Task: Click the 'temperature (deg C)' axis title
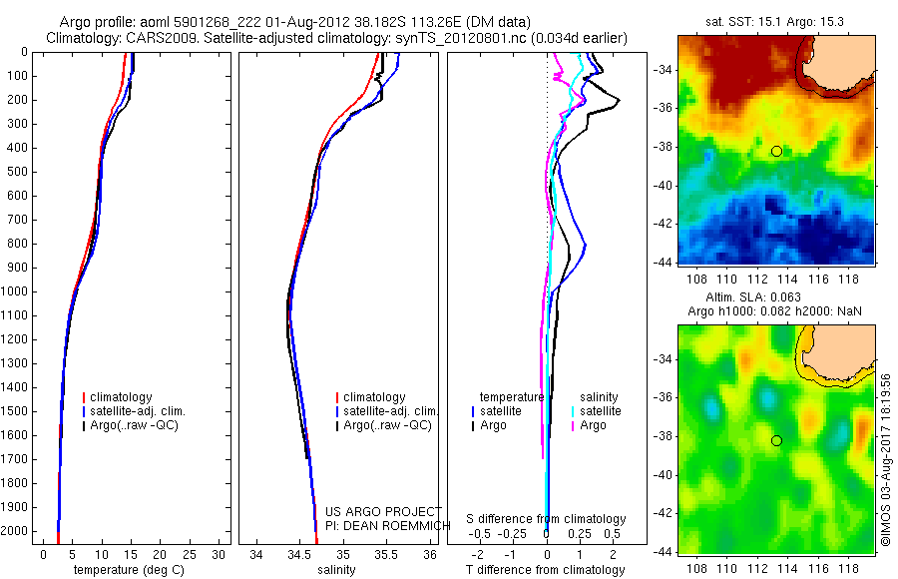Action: pyautogui.click(x=128, y=570)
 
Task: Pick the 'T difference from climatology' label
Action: pyautogui.click(x=547, y=570)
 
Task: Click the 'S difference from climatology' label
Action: pyautogui.click(x=547, y=519)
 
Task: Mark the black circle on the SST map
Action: pyautogui.click(x=776, y=152)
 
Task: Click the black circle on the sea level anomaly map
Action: pyautogui.click(x=776, y=440)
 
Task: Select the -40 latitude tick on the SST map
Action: pyautogui.click(x=662, y=186)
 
